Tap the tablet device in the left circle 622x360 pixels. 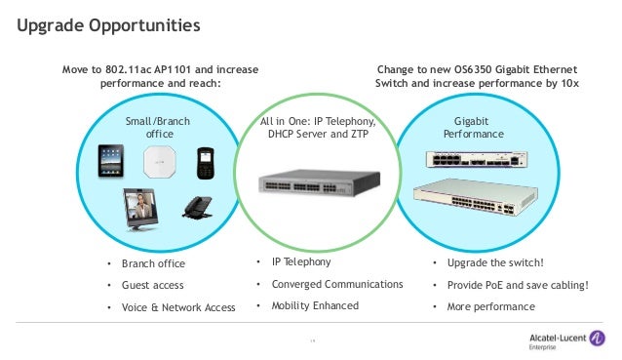click(112, 162)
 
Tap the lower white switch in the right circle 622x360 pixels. click(474, 199)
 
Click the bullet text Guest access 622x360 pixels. click(152, 286)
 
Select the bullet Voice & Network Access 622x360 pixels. click(178, 308)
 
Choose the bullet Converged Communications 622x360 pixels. click(336, 284)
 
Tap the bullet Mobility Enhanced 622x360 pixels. click(315, 305)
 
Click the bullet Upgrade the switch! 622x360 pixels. click(501, 263)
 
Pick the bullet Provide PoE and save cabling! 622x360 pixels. click(519, 285)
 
